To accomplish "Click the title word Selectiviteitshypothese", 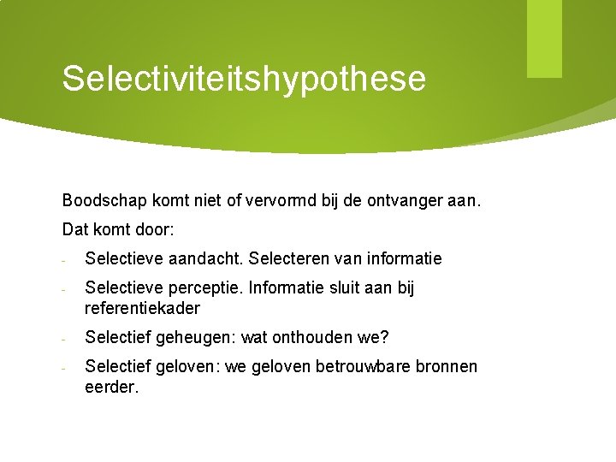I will pyautogui.click(x=244, y=78).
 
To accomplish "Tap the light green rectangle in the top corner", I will pyautogui.click(x=544, y=38).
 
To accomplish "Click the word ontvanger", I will pyautogui.click(x=402, y=201).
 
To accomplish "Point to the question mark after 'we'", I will pyautogui.click(x=384, y=338).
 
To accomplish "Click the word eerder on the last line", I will pyautogui.click(x=111, y=387).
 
